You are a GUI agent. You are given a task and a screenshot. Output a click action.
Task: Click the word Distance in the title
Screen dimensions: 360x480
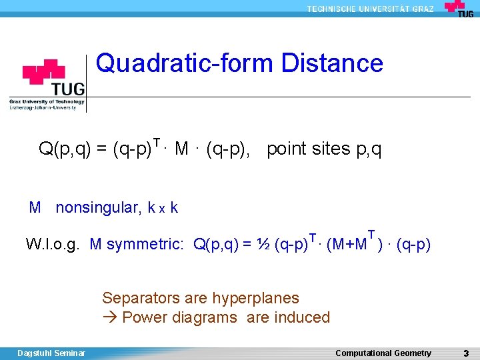point(333,63)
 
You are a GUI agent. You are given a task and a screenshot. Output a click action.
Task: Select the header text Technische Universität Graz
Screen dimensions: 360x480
point(370,9)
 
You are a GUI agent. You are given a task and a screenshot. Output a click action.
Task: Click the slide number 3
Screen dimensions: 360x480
point(466,353)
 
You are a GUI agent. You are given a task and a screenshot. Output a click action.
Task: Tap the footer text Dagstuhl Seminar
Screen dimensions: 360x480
point(51,353)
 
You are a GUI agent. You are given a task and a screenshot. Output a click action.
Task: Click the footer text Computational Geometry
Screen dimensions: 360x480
point(383,353)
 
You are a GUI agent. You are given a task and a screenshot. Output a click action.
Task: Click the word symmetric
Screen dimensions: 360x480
point(145,245)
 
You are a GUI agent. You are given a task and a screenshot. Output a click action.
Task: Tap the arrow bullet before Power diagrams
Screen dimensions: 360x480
point(110,317)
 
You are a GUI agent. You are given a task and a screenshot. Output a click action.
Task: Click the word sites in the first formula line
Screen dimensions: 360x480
point(330,149)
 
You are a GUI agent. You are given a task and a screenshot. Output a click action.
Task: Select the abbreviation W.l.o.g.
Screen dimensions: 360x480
point(53,245)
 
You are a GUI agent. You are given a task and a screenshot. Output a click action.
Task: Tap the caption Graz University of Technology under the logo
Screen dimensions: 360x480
point(47,101)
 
